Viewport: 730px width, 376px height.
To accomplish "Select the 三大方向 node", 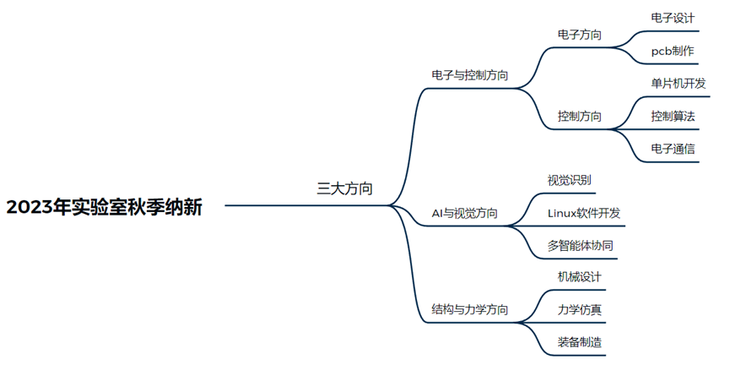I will pos(344,188).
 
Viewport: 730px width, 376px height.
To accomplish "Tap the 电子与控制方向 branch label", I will pos(469,75).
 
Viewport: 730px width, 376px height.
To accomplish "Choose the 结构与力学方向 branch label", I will pos(469,310).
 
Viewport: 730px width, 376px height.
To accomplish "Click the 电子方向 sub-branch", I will pos(580,35).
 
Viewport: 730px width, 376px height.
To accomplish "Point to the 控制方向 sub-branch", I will pos(580,116).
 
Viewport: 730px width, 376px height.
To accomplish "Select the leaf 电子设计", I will pos(673,18).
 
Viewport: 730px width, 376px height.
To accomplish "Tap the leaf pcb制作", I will pos(673,52).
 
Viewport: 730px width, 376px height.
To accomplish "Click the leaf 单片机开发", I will pos(678,84).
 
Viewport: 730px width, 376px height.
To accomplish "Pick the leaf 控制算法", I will pos(673,116).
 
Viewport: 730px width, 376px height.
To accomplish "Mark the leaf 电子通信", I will pos(673,149).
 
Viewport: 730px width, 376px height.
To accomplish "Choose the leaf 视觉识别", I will pos(569,180).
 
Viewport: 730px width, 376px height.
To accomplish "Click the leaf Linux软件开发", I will pos(584,213).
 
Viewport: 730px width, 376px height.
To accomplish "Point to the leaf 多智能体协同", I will pos(580,246).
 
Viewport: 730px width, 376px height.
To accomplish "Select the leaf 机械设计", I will pos(580,277).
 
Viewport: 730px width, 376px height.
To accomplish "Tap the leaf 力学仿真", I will pos(580,310).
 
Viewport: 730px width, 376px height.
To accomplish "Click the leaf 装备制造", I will pos(580,342).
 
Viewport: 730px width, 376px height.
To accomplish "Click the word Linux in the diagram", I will pos(563,213).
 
